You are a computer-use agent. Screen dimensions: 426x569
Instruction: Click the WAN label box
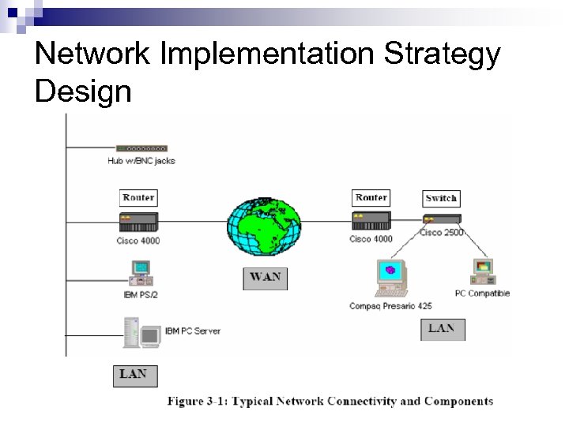point(265,278)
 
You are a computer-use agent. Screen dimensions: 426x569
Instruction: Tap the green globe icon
point(264,222)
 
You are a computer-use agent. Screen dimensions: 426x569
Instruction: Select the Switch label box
point(441,198)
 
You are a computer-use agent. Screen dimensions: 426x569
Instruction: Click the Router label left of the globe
point(138,197)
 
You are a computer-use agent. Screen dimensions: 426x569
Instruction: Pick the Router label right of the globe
point(371,197)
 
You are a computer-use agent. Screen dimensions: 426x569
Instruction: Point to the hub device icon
point(141,148)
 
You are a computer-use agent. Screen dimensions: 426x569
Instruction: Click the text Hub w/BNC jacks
point(141,161)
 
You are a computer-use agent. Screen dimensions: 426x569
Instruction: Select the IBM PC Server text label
point(193,331)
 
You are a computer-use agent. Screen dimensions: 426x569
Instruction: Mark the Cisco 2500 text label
point(442,232)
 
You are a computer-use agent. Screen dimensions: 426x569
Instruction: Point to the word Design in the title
point(83,92)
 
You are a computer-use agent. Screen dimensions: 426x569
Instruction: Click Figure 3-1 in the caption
point(197,401)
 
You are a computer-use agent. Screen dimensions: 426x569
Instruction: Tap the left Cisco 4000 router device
point(138,220)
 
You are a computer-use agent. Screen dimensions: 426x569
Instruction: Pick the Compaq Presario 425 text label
point(391,305)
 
